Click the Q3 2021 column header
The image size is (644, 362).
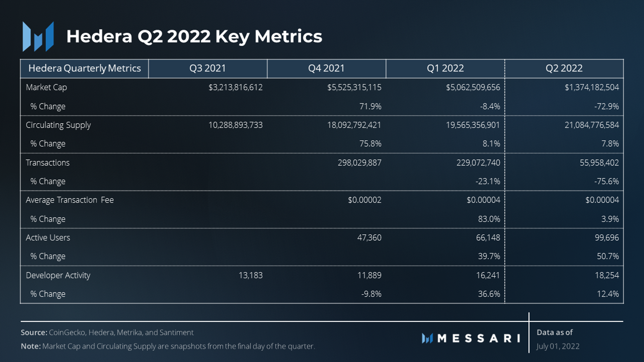pos(207,68)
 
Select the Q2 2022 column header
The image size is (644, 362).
pos(564,68)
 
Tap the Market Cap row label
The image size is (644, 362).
pos(46,87)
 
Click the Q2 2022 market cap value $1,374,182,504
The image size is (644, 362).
pos(591,87)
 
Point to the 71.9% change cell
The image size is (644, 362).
pos(370,106)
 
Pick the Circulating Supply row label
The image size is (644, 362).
pos(58,125)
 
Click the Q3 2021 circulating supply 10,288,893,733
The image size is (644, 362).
pos(235,125)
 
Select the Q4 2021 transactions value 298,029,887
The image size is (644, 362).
pos(359,163)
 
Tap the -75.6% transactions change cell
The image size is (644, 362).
pos(606,181)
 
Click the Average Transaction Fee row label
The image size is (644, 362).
pos(69,200)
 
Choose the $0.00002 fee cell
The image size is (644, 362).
pos(364,200)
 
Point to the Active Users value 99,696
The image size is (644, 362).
pos(606,238)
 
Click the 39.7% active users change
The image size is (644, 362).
pos(489,256)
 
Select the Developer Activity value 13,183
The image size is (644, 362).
pos(250,275)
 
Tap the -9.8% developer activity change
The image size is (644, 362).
pos(371,294)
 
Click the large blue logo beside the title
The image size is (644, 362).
pos(38,37)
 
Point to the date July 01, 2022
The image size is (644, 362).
pos(558,346)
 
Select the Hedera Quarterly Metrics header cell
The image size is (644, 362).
pos(84,68)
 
